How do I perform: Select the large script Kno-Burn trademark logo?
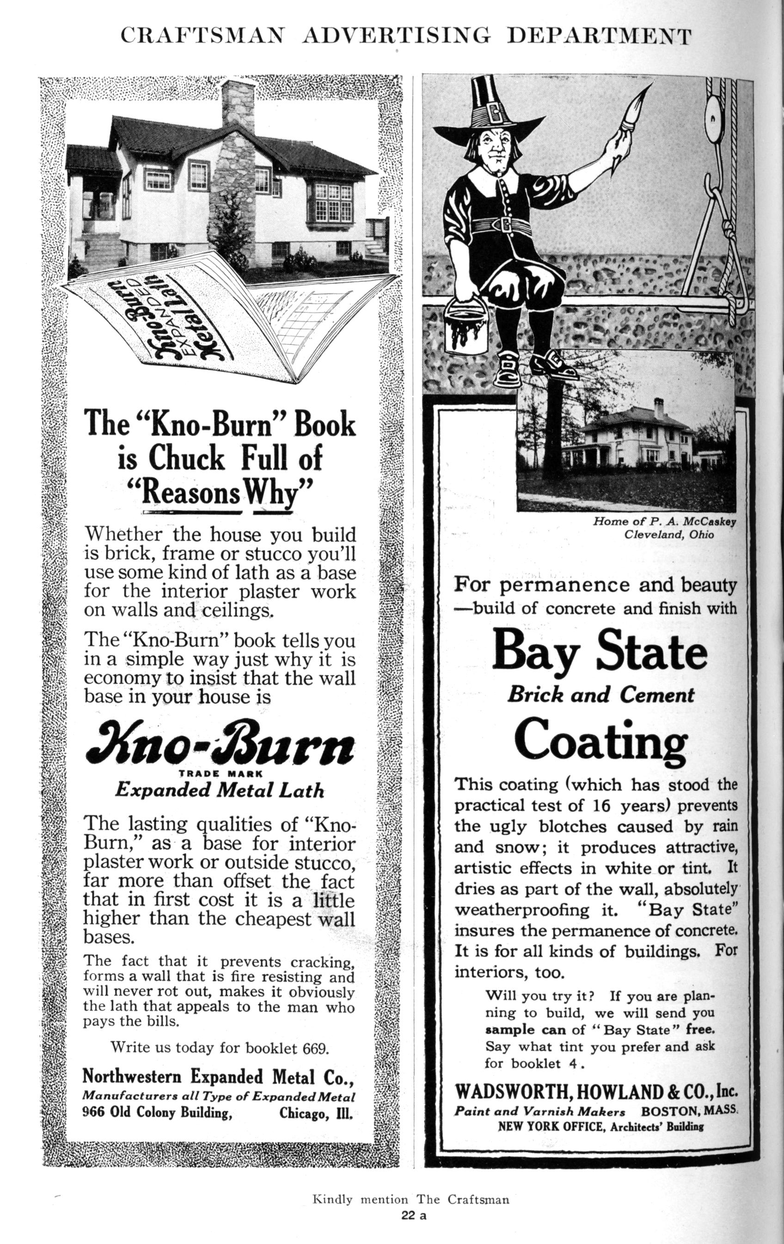219,748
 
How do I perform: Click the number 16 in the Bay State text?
602,805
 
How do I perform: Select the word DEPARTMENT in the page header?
600,36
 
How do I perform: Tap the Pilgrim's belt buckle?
501,225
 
